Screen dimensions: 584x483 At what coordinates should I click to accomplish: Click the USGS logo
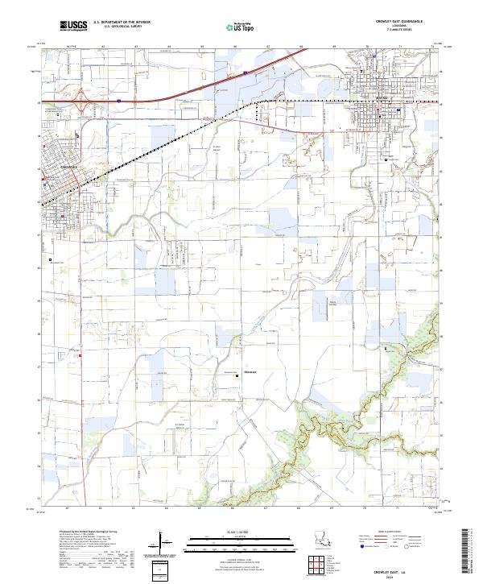74,27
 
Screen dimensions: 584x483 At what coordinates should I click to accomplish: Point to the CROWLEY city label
69,166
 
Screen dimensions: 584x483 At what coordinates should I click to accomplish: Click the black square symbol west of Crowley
50,259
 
